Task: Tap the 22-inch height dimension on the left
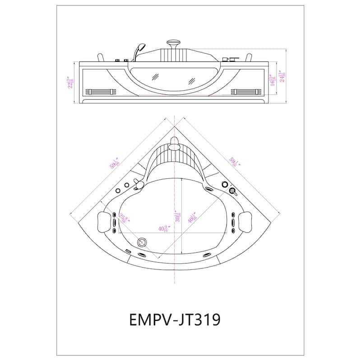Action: tap(71, 82)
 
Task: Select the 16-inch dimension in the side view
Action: tap(272, 79)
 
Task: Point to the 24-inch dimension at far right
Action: tap(282, 77)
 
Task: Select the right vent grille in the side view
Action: tap(246, 92)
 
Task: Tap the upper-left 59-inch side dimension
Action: tap(115, 162)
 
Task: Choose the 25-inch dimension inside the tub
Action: tap(123, 220)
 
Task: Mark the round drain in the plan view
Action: tap(144, 242)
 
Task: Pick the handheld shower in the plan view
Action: tap(139, 184)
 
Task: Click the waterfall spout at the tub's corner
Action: tap(175, 145)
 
